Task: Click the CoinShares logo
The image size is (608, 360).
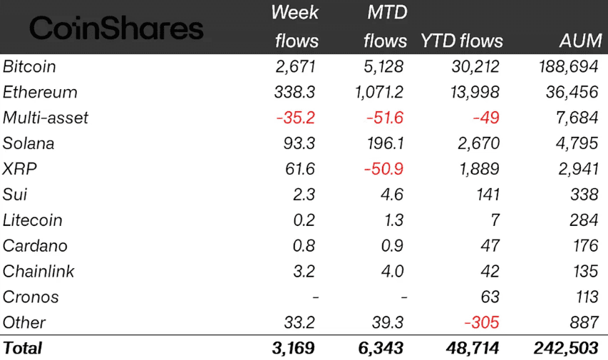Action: pyautogui.click(x=117, y=29)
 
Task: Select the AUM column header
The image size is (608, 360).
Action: pyautogui.click(x=580, y=41)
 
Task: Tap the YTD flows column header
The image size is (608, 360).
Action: pyautogui.click(x=461, y=41)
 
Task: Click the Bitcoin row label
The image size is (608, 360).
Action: pyautogui.click(x=29, y=67)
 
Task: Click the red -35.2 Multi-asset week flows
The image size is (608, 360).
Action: pyautogui.click(x=295, y=118)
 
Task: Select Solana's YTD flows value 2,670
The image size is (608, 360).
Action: pyautogui.click(x=477, y=143)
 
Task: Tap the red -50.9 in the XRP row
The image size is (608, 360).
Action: pyautogui.click(x=383, y=169)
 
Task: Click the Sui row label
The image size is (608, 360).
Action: pyautogui.click(x=15, y=195)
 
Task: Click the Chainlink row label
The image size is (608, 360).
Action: pyautogui.click(x=38, y=272)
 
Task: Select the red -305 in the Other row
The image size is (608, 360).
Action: pyautogui.click(x=481, y=322)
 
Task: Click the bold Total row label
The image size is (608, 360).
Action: pyautogui.click(x=23, y=348)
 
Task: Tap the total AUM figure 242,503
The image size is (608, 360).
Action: pyautogui.click(x=566, y=348)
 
